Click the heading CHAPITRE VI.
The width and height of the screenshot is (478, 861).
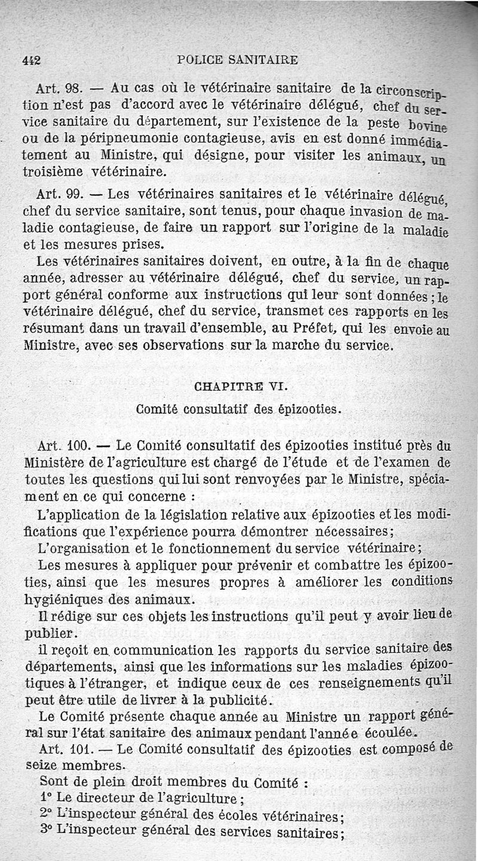tap(241, 386)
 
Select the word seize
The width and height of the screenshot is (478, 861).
tap(41, 765)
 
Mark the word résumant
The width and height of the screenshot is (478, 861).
tap(56, 328)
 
